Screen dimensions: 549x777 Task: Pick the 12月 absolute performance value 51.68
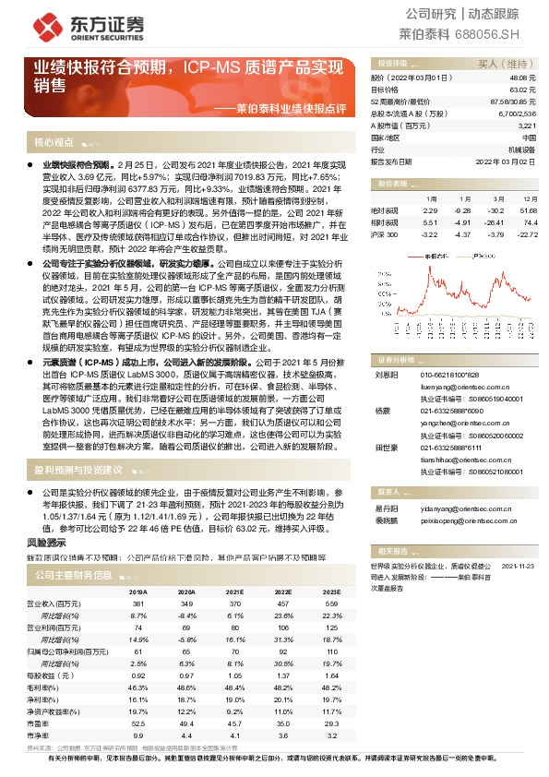(x=528, y=211)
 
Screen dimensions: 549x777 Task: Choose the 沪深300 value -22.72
(x=527, y=234)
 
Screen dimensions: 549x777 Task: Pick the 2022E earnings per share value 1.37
(x=284, y=675)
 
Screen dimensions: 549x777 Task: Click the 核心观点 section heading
(x=54, y=142)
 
